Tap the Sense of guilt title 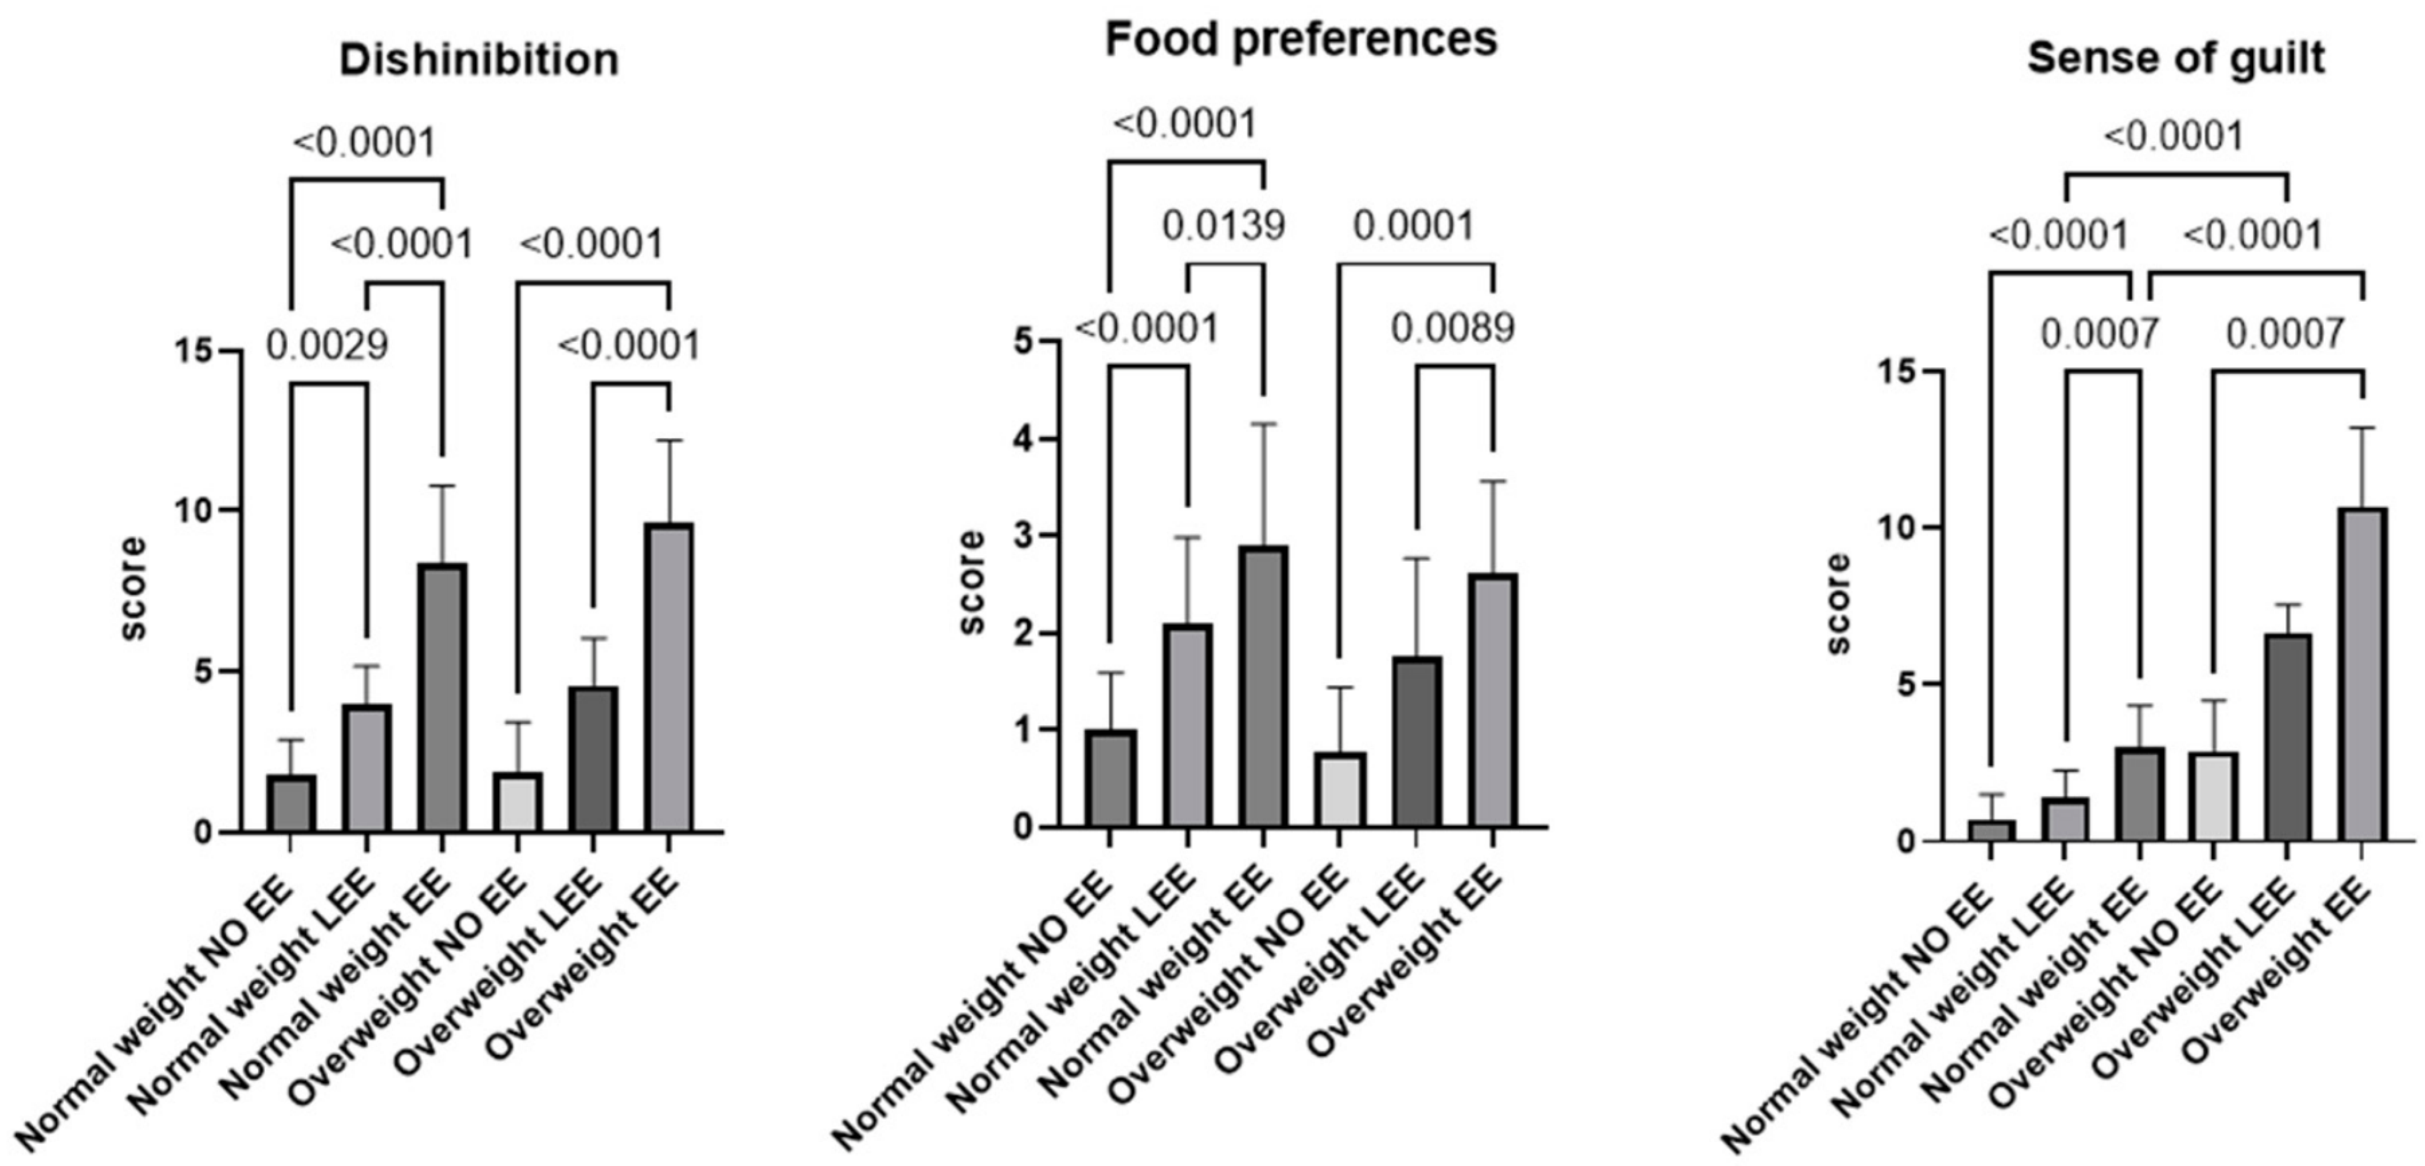pos(2176,58)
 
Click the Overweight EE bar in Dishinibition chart pos(668,678)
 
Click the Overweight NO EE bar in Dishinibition pos(517,803)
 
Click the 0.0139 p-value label pos(1223,226)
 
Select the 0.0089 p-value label pos(1452,328)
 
